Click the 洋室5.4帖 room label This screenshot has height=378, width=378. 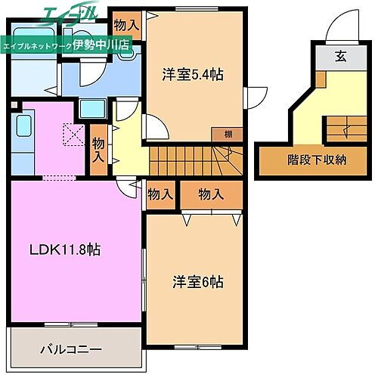click(192, 75)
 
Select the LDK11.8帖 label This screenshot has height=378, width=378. click(65, 249)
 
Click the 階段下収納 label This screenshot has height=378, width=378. click(318, 159)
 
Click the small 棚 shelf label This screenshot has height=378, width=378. click(228, 134)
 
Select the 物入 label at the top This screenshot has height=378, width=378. click(126, 24)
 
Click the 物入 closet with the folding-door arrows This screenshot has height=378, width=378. click(211, 194)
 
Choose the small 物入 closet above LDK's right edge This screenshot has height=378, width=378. click(160, 194)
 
